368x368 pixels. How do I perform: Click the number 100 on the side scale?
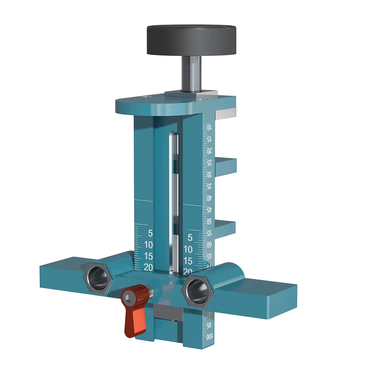tap(209, 336)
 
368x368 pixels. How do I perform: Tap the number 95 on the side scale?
tap(209, 325)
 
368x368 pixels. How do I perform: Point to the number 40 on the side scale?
tap(209, 198)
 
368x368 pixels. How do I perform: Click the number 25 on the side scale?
tap(209, 162)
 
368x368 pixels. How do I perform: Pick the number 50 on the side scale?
tap(209, 221)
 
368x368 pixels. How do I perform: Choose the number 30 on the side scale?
tap(209, 174)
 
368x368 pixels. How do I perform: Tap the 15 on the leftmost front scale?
tap(148, 256)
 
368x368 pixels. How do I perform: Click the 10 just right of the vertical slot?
tap(188, 249)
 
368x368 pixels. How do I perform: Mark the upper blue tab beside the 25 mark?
tap(225, 165)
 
